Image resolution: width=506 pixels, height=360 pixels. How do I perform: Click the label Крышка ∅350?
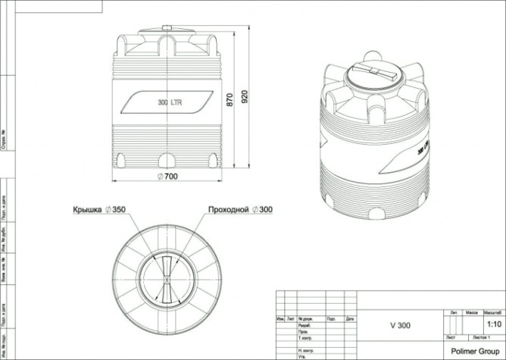(x=98, y=208)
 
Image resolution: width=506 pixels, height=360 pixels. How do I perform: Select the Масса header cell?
(x=471, y=311)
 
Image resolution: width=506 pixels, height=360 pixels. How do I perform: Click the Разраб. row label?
(x=305, y=325)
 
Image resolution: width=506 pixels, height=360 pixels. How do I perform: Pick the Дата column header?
(x=350, y=319)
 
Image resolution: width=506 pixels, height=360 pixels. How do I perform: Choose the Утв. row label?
(x=303, y=356)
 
